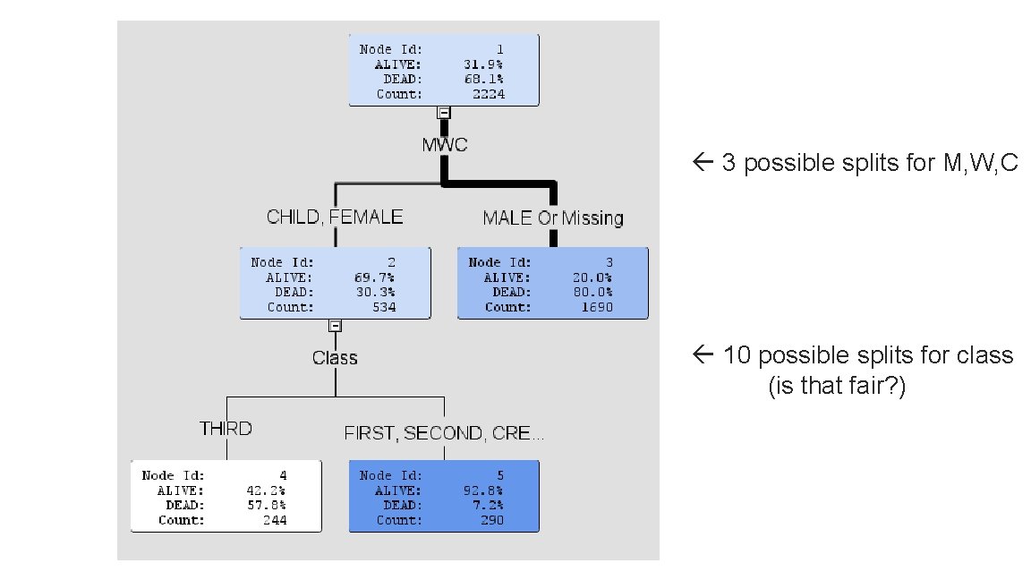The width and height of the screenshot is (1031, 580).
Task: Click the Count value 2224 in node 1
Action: (489, 94)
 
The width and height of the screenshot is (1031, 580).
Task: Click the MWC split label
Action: (445, 145)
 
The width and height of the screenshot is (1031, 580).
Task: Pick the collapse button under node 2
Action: (335, 326)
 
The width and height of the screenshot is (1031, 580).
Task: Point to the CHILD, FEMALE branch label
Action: (335, 217)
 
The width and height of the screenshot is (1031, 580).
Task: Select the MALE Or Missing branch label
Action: (553, 217)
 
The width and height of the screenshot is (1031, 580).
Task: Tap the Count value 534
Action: (384, 307)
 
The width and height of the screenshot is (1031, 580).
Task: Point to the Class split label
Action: (335, 358)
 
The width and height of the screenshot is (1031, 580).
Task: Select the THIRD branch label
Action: (226, 429)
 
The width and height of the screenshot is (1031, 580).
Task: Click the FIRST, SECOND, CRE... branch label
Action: (444, 433)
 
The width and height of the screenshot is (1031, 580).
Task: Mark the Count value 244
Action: (275, 520)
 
